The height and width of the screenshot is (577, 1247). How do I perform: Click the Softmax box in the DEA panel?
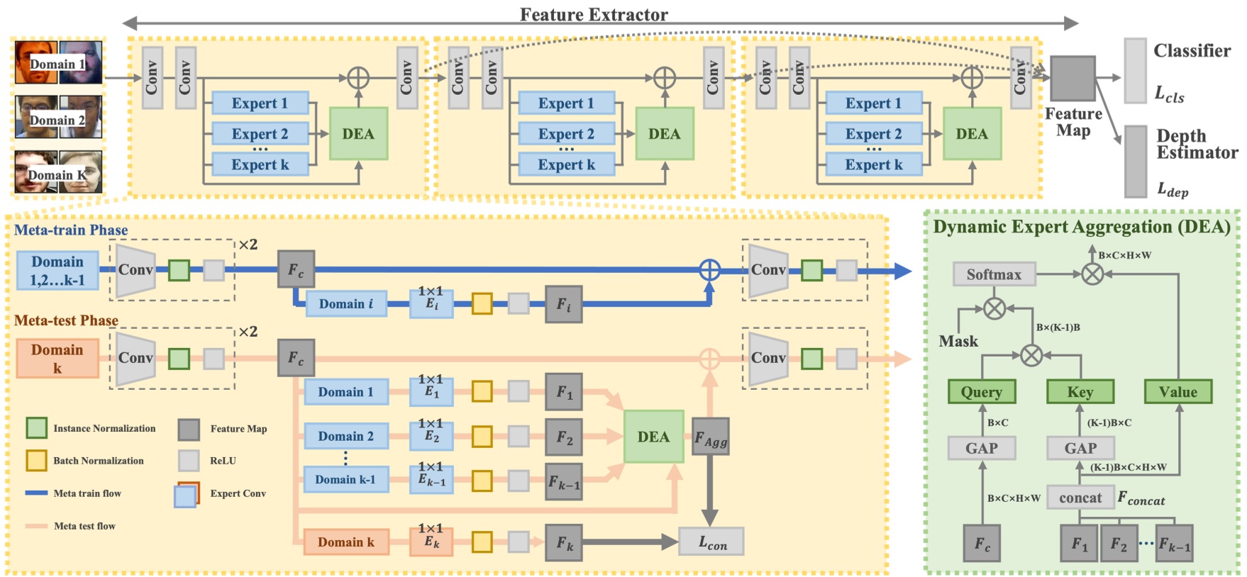point(993,274)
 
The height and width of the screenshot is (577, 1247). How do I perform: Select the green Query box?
point(982,392)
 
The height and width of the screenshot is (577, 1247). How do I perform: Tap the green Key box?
point(1080,392)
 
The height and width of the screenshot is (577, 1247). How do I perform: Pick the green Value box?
point(1177,392)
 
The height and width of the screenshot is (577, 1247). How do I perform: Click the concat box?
point(1080,498)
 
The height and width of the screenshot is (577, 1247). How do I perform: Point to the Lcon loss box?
point(711,542)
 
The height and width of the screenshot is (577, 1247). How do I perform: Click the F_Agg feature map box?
point(710,437)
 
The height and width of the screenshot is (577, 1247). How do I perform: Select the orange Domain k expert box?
point(345,542)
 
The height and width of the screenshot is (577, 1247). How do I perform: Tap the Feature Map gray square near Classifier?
point(1073,79)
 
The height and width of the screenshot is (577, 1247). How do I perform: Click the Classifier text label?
point(1192,51)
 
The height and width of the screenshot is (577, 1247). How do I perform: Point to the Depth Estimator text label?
point(1197,144)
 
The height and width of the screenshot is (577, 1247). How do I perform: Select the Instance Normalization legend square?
point(37,428)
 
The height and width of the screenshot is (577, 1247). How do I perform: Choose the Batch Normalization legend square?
point(37,461)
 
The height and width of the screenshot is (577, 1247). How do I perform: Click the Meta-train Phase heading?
point(71,230)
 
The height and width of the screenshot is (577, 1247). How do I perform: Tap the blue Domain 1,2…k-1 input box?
point(57,271)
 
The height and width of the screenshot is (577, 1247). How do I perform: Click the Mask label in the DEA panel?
point(958,342)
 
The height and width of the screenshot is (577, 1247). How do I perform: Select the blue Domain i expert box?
point(345,304)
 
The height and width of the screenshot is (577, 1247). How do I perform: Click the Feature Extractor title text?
point(594,15)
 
